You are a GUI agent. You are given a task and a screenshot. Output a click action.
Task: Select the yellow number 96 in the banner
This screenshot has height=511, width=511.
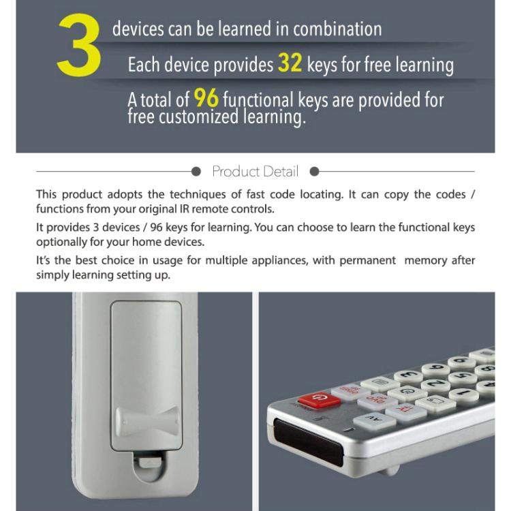206,98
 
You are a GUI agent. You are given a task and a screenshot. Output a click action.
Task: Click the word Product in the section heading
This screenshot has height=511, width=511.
235,171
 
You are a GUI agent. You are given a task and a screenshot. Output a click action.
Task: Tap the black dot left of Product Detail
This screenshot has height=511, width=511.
196,171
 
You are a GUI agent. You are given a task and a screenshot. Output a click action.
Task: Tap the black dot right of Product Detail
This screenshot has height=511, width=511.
314,171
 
